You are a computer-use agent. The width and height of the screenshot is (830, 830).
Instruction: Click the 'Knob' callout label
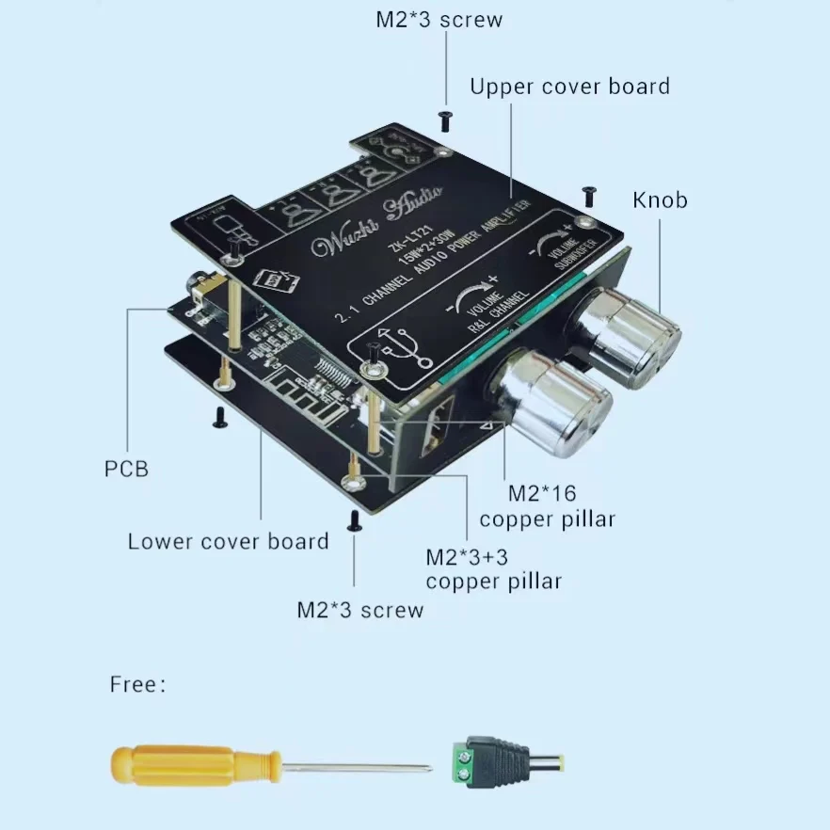point(660,200)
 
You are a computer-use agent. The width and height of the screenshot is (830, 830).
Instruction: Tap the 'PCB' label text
point(126,468)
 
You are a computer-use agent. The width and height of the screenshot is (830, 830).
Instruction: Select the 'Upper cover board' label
point(569,87)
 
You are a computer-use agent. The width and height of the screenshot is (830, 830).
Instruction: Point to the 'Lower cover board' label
point(228,541)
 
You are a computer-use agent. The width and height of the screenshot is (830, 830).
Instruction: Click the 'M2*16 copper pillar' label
point(546,506)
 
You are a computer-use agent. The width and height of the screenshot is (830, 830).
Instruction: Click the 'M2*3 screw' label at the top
point(439,20)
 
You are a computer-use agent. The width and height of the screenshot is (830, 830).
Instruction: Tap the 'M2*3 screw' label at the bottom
point(359,610)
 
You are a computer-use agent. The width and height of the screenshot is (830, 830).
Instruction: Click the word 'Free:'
point(137,684)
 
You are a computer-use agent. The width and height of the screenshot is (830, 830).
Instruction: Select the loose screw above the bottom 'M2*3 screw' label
point(355,520)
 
